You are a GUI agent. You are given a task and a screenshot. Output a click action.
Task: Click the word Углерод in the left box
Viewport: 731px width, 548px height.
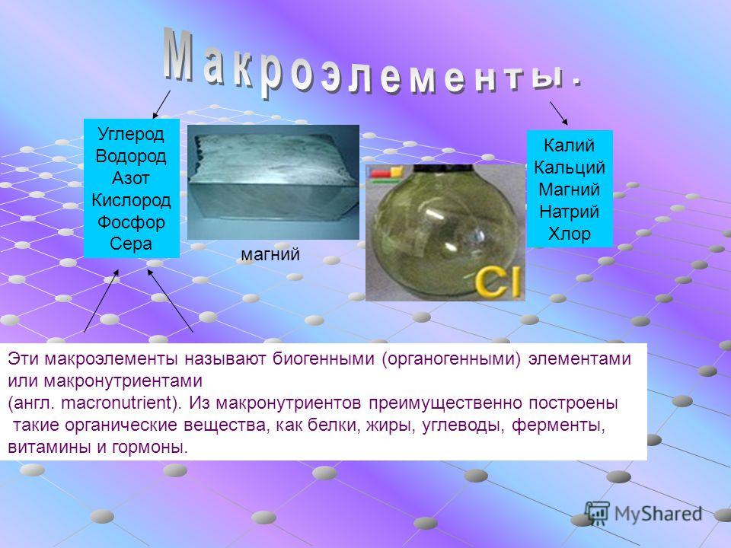pyautogui.click(x=131, y=135)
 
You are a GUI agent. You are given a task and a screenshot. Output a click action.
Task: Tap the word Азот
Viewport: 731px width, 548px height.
pyautogui.click(x=131, y=178)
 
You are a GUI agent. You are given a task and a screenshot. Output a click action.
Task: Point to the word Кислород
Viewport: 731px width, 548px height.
pyautogui.click(x=131, y=200)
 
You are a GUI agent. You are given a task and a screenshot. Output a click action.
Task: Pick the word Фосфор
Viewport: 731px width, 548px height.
pyautogui.click(x=131, y=222)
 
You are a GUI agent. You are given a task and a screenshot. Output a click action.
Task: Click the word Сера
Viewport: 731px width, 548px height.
pyautogui.click(x=131, y=244)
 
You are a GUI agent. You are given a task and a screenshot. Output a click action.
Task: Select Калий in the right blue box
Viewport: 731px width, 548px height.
pyautogui.click(x=570, y=145)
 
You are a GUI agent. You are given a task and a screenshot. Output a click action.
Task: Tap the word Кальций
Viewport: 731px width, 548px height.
pyautogui.click(x=570, y=167)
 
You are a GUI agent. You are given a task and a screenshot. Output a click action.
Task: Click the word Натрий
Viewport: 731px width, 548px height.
pyautogui.click(x=570, y=212)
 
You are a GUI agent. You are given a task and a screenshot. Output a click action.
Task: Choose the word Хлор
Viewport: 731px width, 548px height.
pyautogui.click(x=570, y=234)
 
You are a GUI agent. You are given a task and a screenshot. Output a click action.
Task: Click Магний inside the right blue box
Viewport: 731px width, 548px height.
pyautogui.click(x=570, y=190)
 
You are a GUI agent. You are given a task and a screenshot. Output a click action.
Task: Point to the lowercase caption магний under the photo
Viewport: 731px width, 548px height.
pyautogui.click(x=270, y=255)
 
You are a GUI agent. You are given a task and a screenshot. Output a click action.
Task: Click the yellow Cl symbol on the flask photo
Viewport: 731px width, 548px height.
pyautogui.click(x=497, y=281)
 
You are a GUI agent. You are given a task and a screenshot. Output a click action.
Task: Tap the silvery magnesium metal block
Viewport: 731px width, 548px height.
pyautogui.click(x=273, y=182)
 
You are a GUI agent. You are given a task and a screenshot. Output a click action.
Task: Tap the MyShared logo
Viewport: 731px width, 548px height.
pyautogui.click(x=644, y=513)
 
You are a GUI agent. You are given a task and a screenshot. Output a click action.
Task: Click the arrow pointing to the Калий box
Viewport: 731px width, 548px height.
pyautogui.click(x=558, y=113)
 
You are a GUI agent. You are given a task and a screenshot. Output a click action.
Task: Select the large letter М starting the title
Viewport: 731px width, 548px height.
pyautogui.click(x=179, y=55)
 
